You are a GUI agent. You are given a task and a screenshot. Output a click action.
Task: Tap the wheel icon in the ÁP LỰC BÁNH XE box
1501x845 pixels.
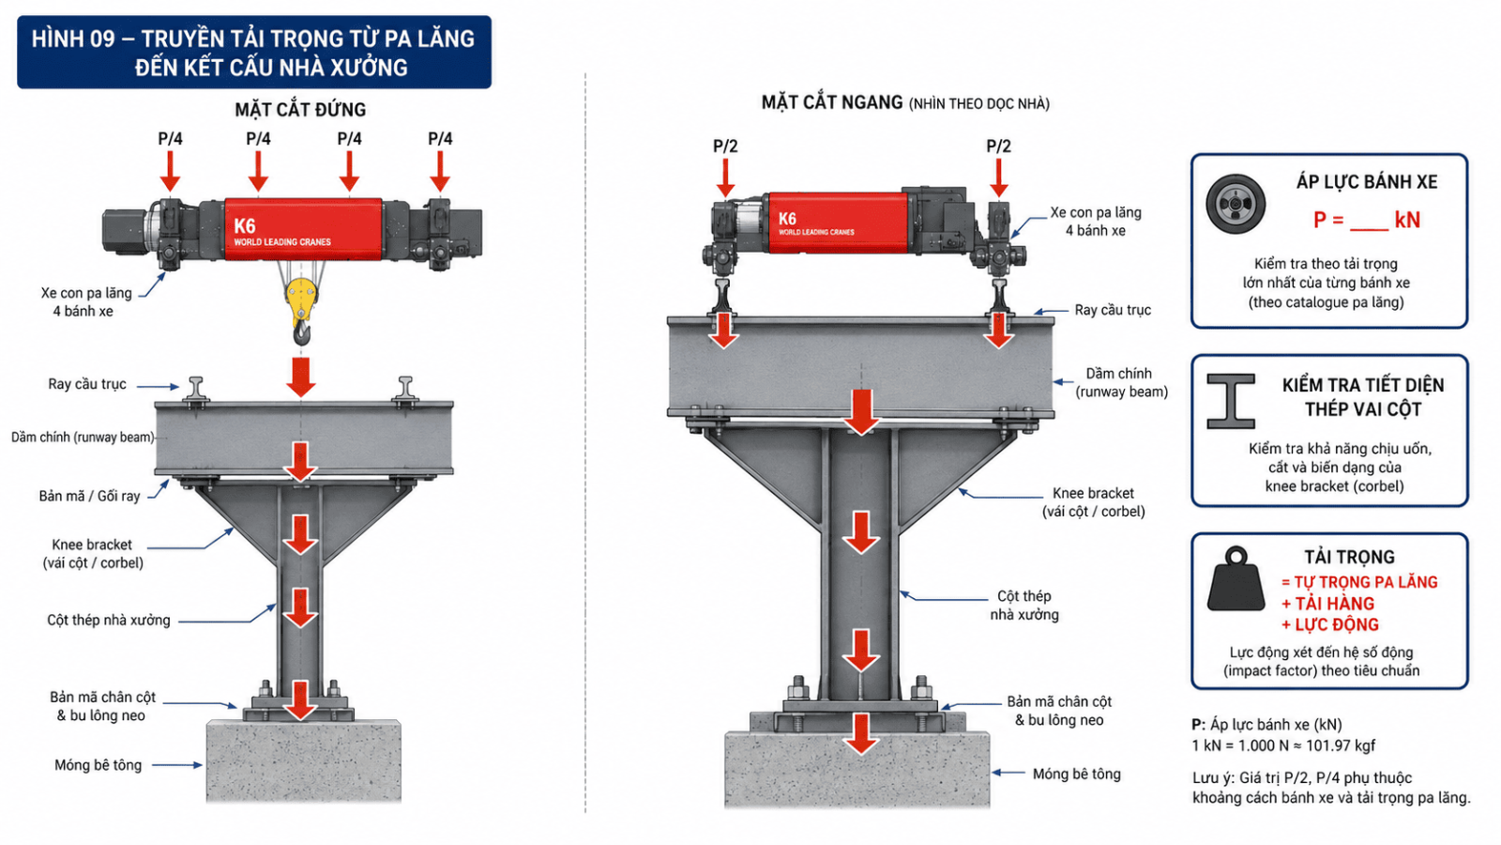point(1236,203)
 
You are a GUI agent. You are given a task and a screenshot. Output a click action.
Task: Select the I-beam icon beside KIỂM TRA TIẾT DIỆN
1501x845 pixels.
point(1230,401)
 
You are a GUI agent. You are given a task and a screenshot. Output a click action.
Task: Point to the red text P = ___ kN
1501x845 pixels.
point(1366,220)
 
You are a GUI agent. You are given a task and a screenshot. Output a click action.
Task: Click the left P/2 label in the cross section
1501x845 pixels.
point(725,146)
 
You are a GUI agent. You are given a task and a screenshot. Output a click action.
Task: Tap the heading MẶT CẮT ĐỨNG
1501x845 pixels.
point(300,109)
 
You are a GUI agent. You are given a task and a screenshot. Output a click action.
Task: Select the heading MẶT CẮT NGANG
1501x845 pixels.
point(832,102)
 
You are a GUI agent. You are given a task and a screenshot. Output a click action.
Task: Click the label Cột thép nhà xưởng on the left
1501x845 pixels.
point(109,621)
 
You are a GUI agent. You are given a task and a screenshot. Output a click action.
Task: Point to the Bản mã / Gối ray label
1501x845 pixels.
point(89,497)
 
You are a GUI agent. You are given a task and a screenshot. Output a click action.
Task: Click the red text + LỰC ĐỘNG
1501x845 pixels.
point(1329,625)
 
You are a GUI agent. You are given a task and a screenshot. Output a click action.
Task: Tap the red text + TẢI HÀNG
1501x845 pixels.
point(1327,604)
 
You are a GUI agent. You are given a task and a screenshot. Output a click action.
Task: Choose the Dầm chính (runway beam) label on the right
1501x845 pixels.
point(1122,382)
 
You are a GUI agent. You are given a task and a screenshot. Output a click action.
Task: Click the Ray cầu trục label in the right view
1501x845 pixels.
point(1113,310)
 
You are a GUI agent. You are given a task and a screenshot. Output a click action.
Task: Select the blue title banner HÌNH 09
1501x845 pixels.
point(254,53)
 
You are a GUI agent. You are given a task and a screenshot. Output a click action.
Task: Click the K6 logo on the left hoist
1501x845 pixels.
point(245,226)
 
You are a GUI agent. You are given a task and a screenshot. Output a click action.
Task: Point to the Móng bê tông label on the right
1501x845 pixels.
point(1076,774)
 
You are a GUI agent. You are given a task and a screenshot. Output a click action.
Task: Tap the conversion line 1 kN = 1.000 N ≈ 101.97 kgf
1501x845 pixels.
point(1283,745)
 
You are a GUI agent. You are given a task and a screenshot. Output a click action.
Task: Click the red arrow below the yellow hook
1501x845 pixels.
point(301,376)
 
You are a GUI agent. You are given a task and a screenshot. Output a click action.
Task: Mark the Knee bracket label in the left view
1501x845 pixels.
point(93,553)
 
